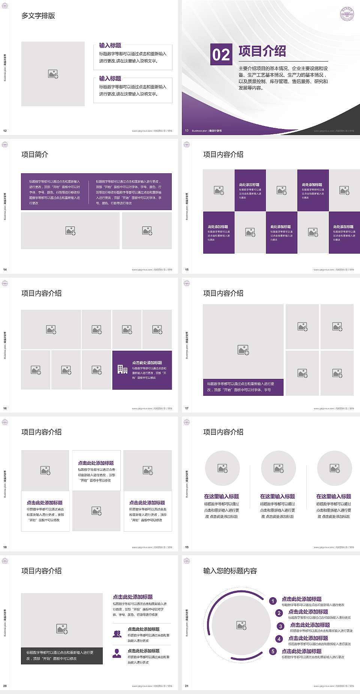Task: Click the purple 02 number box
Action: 221,55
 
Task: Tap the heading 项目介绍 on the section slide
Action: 262,51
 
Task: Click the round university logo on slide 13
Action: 347,14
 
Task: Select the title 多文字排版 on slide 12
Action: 38,16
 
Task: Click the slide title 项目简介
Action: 35,155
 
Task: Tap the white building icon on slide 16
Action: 122,370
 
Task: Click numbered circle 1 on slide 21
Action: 273,601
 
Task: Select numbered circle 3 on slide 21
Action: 280,626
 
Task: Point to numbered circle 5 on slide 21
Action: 273,651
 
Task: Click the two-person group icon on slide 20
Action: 117,634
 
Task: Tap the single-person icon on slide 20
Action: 117,653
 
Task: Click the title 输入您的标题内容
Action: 230,571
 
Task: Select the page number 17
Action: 187,408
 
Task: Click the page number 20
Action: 5,686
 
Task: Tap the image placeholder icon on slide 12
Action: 53,74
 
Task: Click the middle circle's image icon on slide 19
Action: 278,468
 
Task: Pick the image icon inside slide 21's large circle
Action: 241,625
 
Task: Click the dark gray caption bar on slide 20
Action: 62,655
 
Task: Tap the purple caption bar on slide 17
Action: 243,387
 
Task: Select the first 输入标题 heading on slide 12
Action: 110,45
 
